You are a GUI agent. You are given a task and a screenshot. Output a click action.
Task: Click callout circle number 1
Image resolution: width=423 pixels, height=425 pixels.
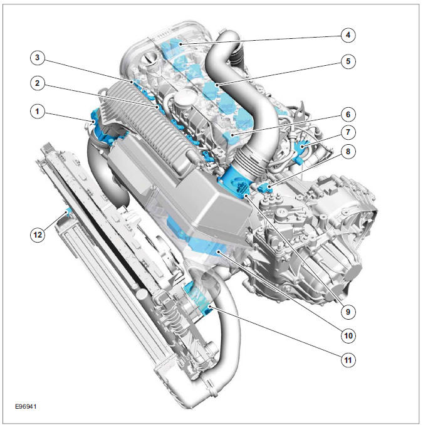point(38,112)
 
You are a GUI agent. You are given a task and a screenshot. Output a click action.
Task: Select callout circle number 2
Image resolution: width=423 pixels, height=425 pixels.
point(38,83)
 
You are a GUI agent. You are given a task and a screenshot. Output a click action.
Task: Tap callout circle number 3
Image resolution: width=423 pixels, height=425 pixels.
point(38,58)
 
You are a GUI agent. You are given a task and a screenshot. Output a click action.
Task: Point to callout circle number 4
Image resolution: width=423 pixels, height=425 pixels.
point(346,35)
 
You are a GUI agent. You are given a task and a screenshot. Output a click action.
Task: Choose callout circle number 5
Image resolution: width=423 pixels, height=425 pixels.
point(346,61)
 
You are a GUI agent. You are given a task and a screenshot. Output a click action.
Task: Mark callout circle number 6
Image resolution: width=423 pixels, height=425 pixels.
point(346,115)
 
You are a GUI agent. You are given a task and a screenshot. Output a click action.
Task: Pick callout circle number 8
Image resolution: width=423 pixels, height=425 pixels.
point(346,150)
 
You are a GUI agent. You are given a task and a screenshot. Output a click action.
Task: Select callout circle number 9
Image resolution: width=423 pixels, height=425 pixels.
point(346,310)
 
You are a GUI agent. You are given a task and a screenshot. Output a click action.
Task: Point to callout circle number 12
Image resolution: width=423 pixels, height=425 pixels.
point(38,234)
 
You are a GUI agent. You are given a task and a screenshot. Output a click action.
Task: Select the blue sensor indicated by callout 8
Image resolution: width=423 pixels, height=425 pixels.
point(263,186)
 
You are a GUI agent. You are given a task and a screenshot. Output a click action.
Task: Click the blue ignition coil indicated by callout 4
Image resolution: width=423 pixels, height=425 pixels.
point(174,48)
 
